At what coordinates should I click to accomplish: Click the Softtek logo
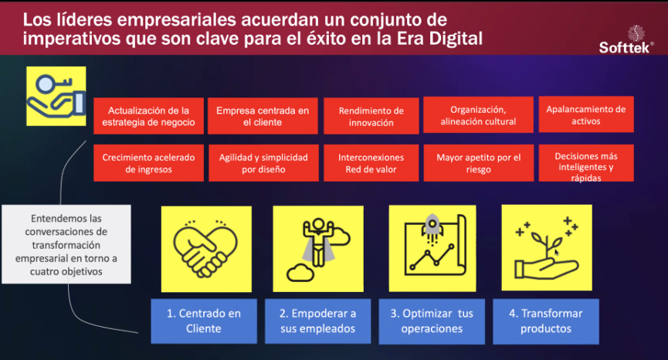point(626,39)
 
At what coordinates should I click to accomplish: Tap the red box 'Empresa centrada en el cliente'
point(263,116)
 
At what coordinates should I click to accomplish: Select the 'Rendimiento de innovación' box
point(371,116)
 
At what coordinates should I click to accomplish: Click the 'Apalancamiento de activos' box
point(586,114)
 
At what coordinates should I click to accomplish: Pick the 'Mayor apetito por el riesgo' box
point(479,163)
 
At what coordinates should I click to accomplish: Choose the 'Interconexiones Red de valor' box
point(371,163)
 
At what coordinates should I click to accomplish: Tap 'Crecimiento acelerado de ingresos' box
point(148,163)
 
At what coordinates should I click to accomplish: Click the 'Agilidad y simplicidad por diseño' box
point(263,163)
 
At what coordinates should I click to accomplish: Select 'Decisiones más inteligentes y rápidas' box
point(586,163)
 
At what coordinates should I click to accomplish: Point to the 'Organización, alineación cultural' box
point(478,114)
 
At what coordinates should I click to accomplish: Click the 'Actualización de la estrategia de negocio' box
point(148,116)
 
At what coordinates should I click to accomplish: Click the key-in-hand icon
point(56,96)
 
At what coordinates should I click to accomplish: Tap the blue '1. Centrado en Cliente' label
point(204,321)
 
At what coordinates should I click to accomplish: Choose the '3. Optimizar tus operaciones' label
point(432,321)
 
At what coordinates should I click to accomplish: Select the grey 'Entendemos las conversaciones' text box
point(66,245)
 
